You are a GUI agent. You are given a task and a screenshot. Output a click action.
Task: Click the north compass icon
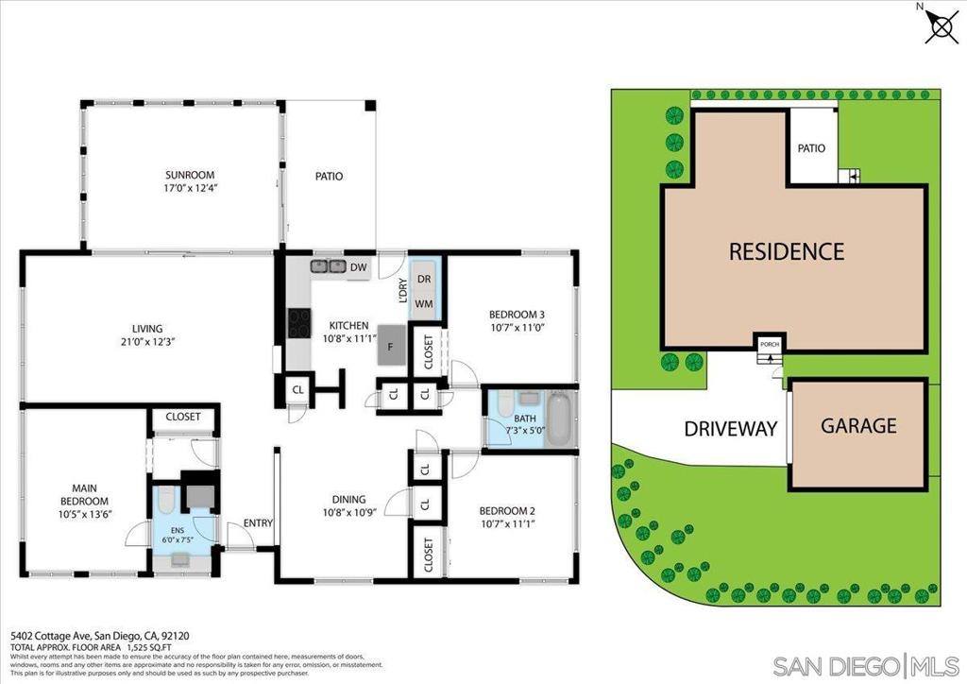click(941, 25)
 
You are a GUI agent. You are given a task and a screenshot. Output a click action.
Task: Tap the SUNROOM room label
click(190, 175)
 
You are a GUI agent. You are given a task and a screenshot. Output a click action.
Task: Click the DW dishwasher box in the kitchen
click(358, 267)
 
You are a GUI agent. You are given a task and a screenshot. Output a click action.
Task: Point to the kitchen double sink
click(328, 266)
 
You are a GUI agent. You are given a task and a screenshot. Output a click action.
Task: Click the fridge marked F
click(391, 345)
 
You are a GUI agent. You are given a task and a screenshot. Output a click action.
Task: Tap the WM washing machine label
click(424, 304)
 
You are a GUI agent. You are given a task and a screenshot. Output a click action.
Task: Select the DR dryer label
click(424, 280)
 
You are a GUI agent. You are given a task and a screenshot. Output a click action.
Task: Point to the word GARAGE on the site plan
click(857, 425)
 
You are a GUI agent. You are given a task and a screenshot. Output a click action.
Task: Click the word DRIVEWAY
click(730, 428)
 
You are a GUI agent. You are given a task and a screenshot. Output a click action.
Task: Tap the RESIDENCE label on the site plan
click(786, 251)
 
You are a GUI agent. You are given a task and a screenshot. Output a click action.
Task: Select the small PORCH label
click(770, 344)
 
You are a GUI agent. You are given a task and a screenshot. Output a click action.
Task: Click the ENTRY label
click(258, 523)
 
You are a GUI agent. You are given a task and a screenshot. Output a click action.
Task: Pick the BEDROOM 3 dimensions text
click(517, 328)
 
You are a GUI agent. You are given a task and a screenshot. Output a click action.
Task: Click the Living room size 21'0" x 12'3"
click(147, 341)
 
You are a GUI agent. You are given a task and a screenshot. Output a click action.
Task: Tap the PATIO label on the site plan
click(811, 148)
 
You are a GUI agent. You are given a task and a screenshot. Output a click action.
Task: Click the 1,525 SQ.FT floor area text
click(146, 648)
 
